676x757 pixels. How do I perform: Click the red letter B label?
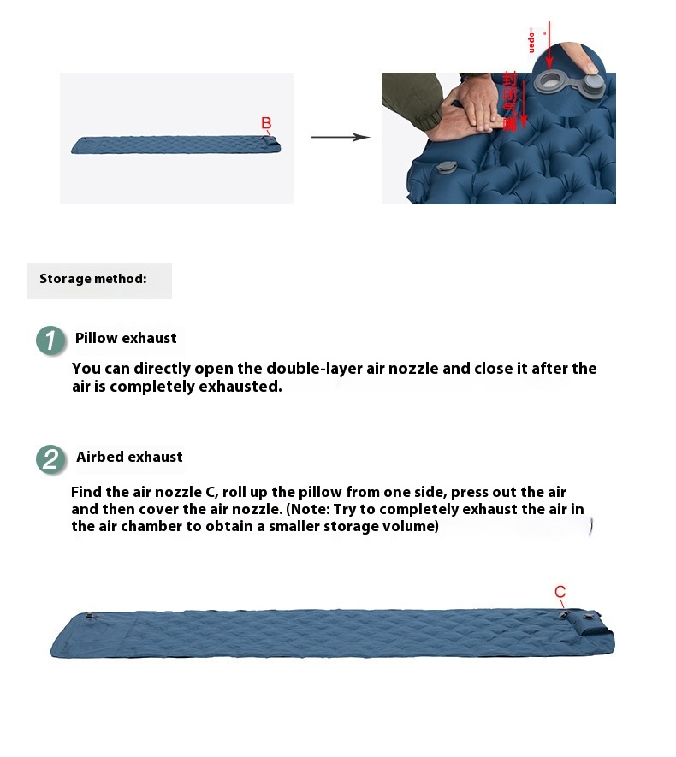[266, 124]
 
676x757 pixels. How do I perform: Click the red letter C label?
[560, 592]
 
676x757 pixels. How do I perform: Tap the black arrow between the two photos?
[340, 137]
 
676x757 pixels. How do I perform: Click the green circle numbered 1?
[50, 340]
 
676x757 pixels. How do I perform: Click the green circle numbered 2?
[50, 458]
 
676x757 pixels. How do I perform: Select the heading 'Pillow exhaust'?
[126, 338]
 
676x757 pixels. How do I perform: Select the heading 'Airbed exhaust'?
[129, 457]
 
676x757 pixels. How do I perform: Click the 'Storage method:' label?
[92, 279]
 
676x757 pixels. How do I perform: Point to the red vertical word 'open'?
[531, 39]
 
